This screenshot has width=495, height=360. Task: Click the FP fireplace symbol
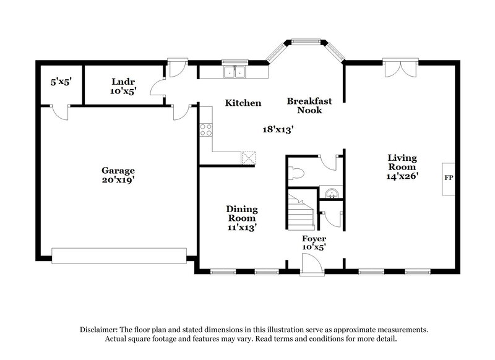449,178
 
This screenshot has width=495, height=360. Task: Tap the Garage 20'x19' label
118,175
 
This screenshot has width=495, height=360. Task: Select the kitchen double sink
235,72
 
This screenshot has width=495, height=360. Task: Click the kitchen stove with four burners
205,130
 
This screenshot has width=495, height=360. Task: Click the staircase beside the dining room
301,210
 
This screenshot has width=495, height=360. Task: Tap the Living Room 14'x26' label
402,166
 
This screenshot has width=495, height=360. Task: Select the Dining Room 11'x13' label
242,218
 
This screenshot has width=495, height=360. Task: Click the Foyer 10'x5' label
314,242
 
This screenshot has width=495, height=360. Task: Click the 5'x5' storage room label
61,82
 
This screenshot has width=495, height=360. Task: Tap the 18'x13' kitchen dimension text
277,129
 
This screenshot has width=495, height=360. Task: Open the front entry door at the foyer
311,266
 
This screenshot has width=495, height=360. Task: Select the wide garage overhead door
119,255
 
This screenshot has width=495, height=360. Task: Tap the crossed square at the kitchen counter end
249,157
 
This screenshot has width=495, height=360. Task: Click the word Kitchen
243,103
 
